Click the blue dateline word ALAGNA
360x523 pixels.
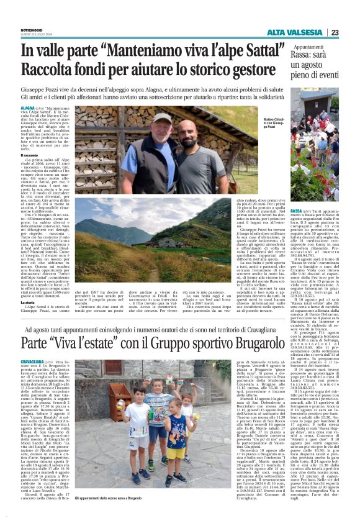[29, 108]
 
